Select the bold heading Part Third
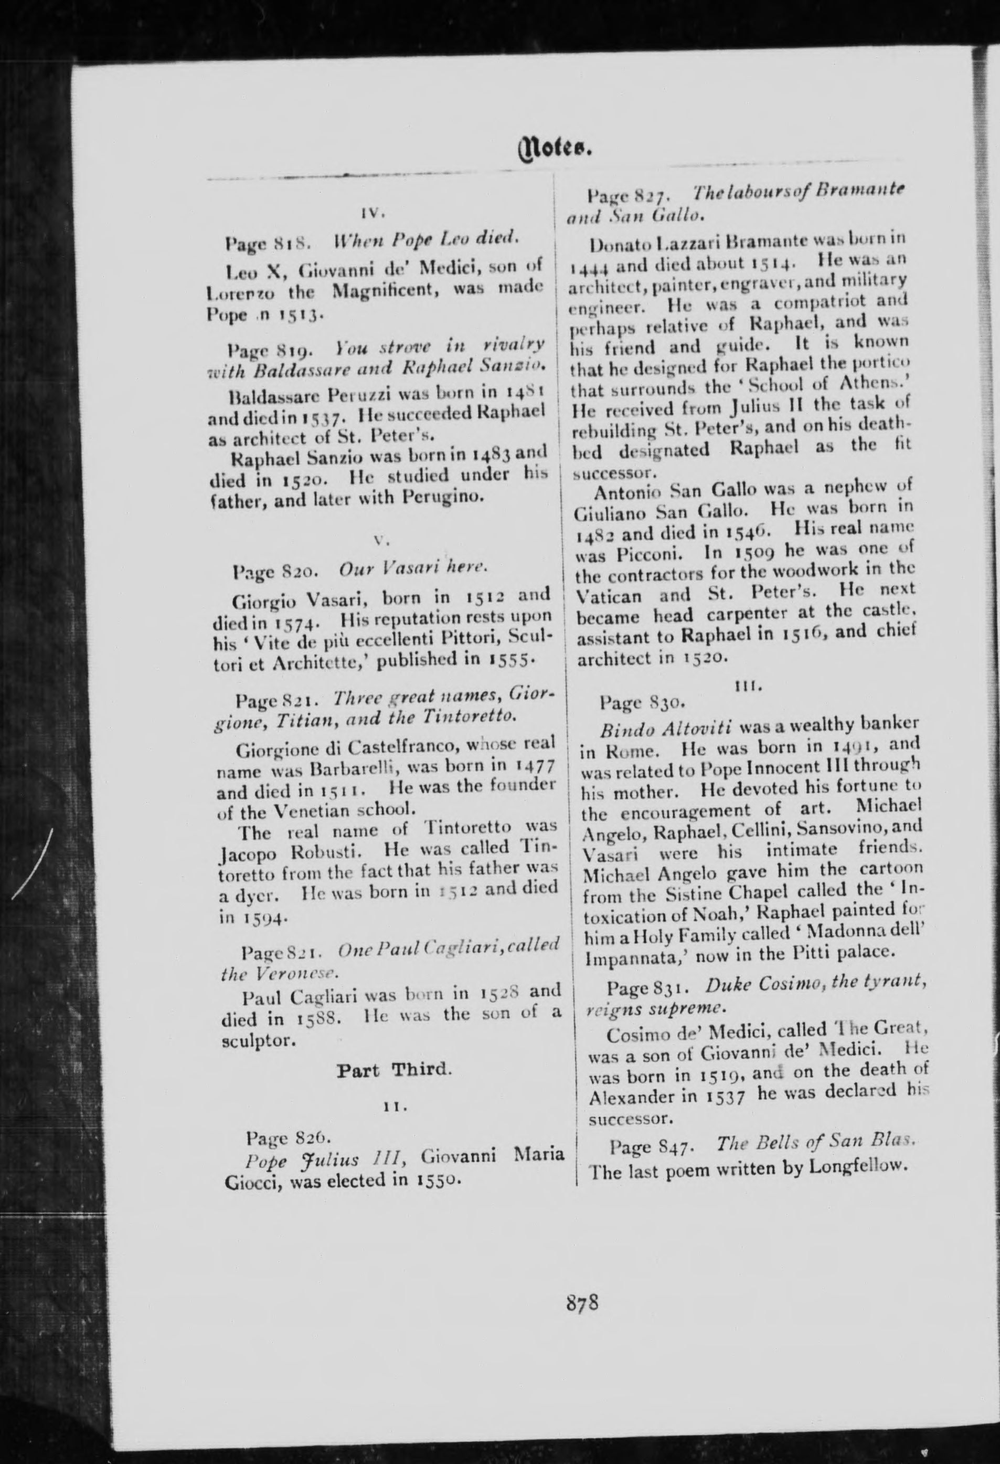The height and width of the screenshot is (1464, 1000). pyautogui.click(x=394, y=1070)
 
